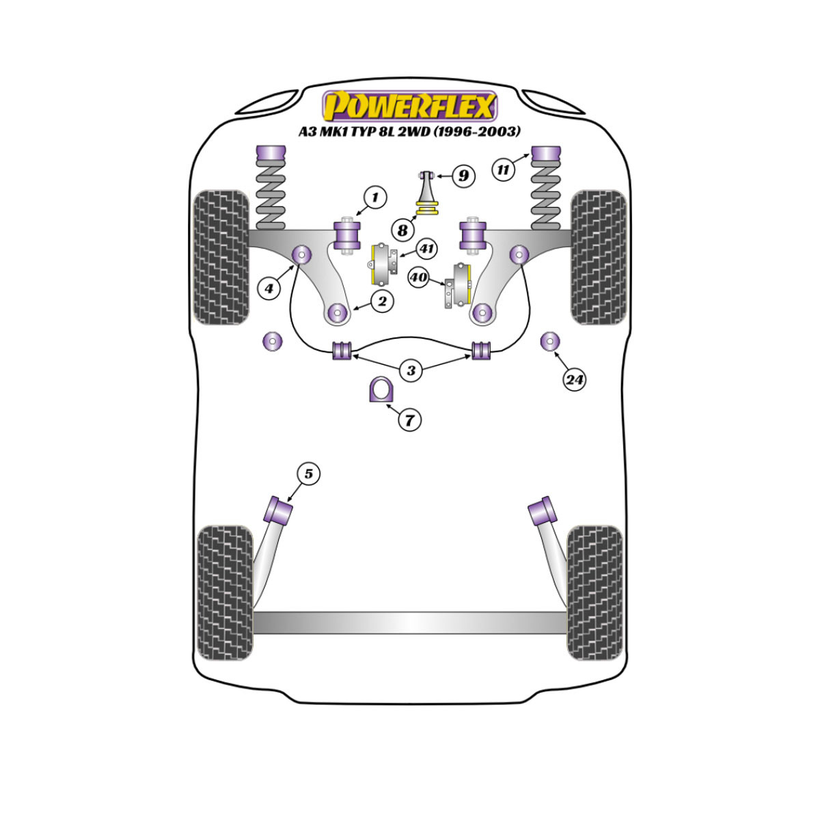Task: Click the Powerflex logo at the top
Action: tap(409, 106)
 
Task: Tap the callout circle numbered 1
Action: tap(375, 197)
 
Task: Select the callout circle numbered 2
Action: tap(382, 301)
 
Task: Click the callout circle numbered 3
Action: tap(411, 370)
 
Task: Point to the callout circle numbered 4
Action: tap(269, 289)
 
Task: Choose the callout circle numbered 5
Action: tap(308, 474)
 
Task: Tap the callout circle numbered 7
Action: tap(409, 420)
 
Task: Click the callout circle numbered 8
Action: tap(402, 231)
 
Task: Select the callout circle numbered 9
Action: tap(463, 176)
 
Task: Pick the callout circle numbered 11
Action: tap(503, 169)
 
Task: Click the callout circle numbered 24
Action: tap(574, 379)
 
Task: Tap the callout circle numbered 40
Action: tap(418, 277)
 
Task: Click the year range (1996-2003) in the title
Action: tap(476, 131)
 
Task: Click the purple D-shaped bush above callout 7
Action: tap(381, 389)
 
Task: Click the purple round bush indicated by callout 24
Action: tap(550, 341)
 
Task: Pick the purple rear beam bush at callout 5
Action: tap(278, 510)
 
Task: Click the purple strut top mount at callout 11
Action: tap(547, 154)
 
